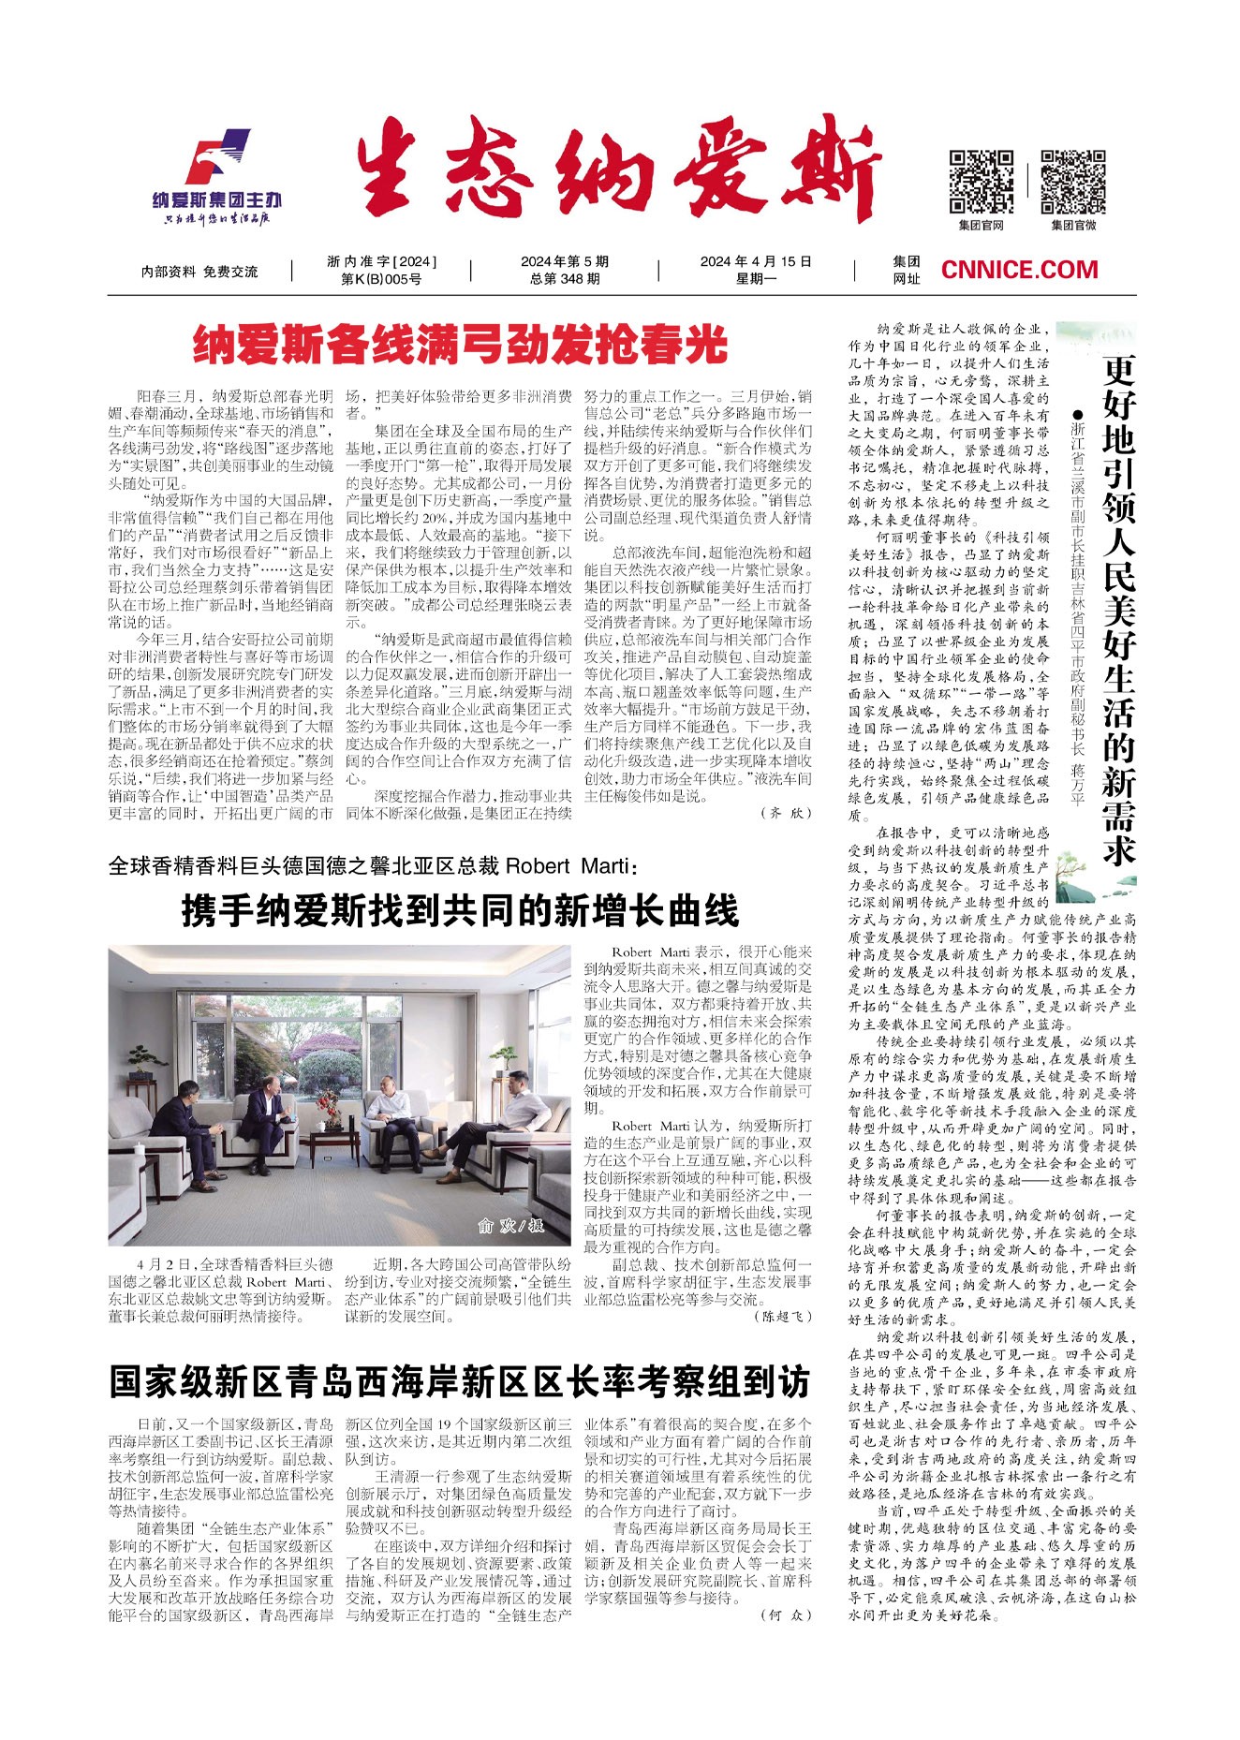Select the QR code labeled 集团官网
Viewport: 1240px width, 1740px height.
981,182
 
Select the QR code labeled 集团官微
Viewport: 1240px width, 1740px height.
1072,182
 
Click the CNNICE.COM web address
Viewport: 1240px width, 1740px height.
1019,270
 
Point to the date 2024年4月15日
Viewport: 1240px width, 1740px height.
756,261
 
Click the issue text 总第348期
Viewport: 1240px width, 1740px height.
565,279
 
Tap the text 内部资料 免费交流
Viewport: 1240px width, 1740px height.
199,272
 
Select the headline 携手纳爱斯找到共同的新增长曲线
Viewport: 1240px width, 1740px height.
460,909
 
